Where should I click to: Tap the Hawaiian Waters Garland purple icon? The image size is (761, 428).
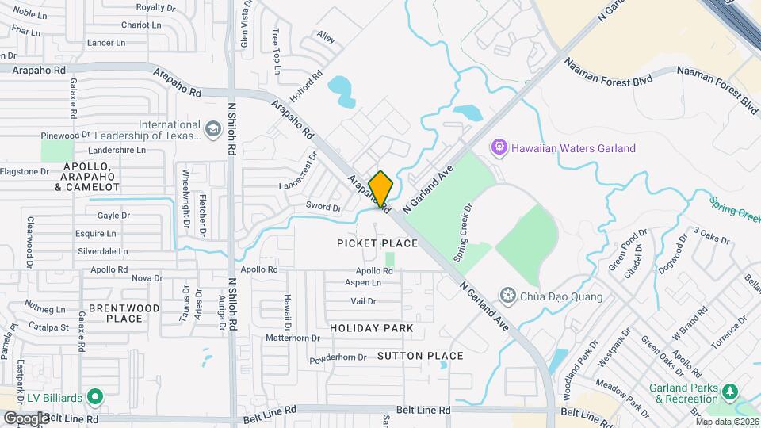499,147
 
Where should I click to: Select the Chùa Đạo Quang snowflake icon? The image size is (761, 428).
507,296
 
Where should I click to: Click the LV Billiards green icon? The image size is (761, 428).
95,396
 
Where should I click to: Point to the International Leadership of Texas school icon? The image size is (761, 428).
212,128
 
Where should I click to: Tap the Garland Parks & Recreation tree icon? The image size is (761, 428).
730,391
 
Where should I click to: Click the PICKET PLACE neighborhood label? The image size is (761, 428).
377,243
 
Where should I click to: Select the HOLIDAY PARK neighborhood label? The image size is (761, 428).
372,328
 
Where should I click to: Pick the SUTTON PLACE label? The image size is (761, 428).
420,356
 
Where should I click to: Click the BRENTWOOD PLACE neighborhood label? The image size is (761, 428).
124,313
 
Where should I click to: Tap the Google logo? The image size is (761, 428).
26,418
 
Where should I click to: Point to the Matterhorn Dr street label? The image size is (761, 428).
293,338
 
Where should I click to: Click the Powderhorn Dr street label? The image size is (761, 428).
338,357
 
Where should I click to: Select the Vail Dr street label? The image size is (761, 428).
363,301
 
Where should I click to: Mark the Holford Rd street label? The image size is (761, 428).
306,88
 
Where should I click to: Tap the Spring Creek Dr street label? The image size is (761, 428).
462,235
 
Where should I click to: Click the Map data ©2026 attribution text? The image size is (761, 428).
726,422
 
